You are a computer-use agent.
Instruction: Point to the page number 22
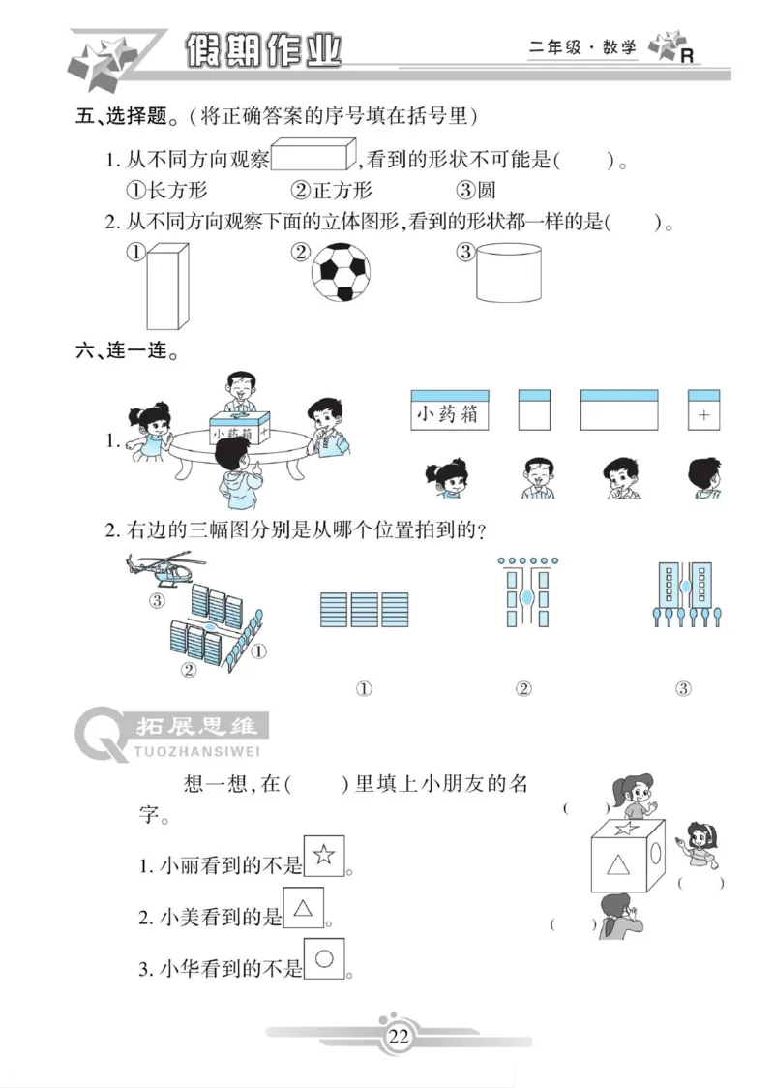tap(398, 1038)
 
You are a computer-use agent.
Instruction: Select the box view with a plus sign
tap(703, 410)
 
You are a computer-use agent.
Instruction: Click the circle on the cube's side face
tap(658, 857)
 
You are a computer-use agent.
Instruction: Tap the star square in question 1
tap(324, 855)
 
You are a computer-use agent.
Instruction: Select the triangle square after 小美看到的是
tap(303, 908)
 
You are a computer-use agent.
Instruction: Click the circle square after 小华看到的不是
tap(324, 959)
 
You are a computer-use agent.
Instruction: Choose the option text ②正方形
tap(332, 191)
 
